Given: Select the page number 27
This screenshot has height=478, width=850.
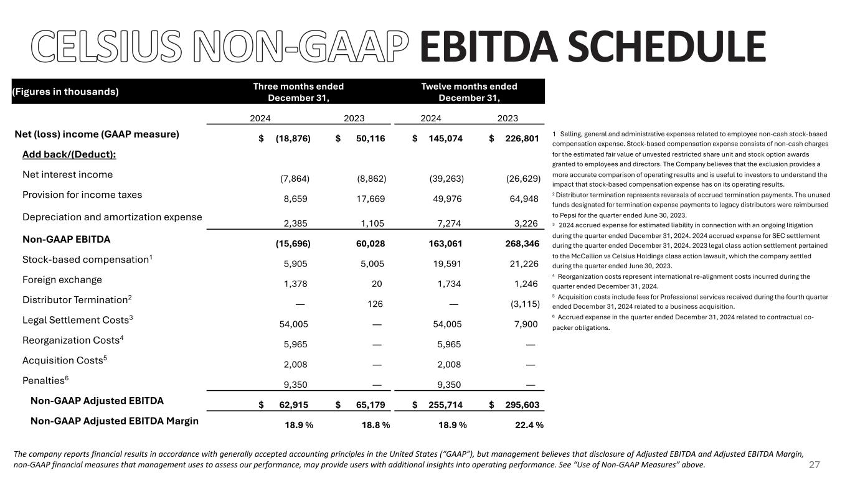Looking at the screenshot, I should (814, 466).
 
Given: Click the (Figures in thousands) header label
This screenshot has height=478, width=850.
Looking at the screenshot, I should (65, 91).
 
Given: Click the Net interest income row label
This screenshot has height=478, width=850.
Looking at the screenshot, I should (67, 174).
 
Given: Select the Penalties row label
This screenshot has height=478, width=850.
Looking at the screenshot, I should (43, 380).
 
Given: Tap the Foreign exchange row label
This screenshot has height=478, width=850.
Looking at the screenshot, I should (62, 279).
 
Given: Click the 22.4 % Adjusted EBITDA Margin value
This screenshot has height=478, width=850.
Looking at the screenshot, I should (525, 425).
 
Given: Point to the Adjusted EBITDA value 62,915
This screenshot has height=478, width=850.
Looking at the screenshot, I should (293, 405).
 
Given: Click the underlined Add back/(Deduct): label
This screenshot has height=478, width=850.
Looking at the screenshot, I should (69, 154).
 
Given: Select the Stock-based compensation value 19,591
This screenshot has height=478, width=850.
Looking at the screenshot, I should (448, 264).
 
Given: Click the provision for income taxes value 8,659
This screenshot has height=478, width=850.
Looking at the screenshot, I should (294, 200).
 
